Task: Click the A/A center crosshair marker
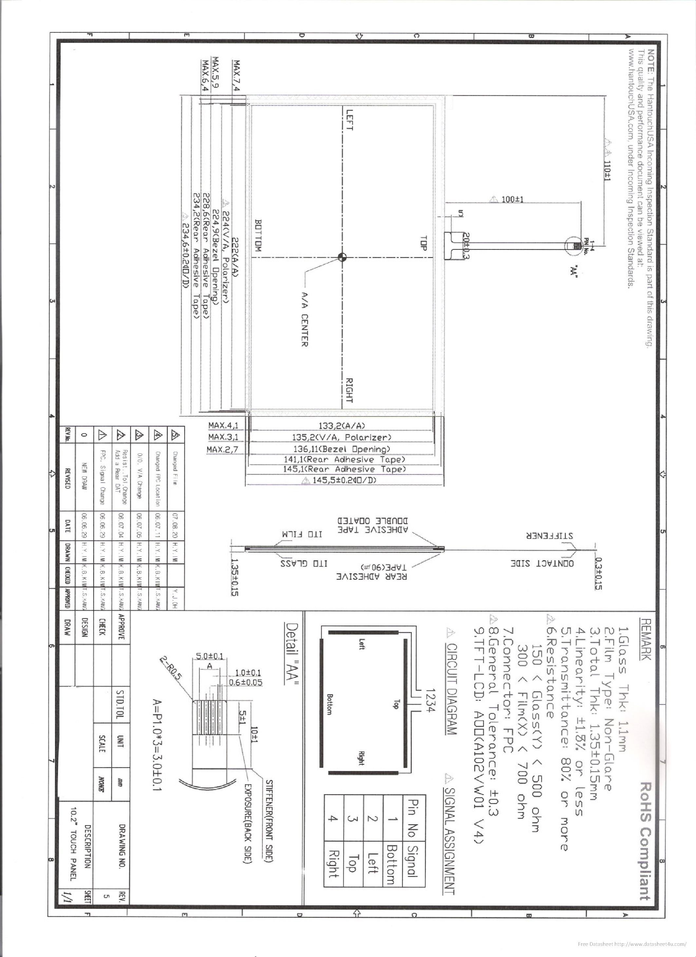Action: click(342, 257)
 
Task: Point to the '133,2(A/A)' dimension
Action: click(342, 426)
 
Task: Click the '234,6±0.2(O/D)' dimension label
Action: click(185, 249)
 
